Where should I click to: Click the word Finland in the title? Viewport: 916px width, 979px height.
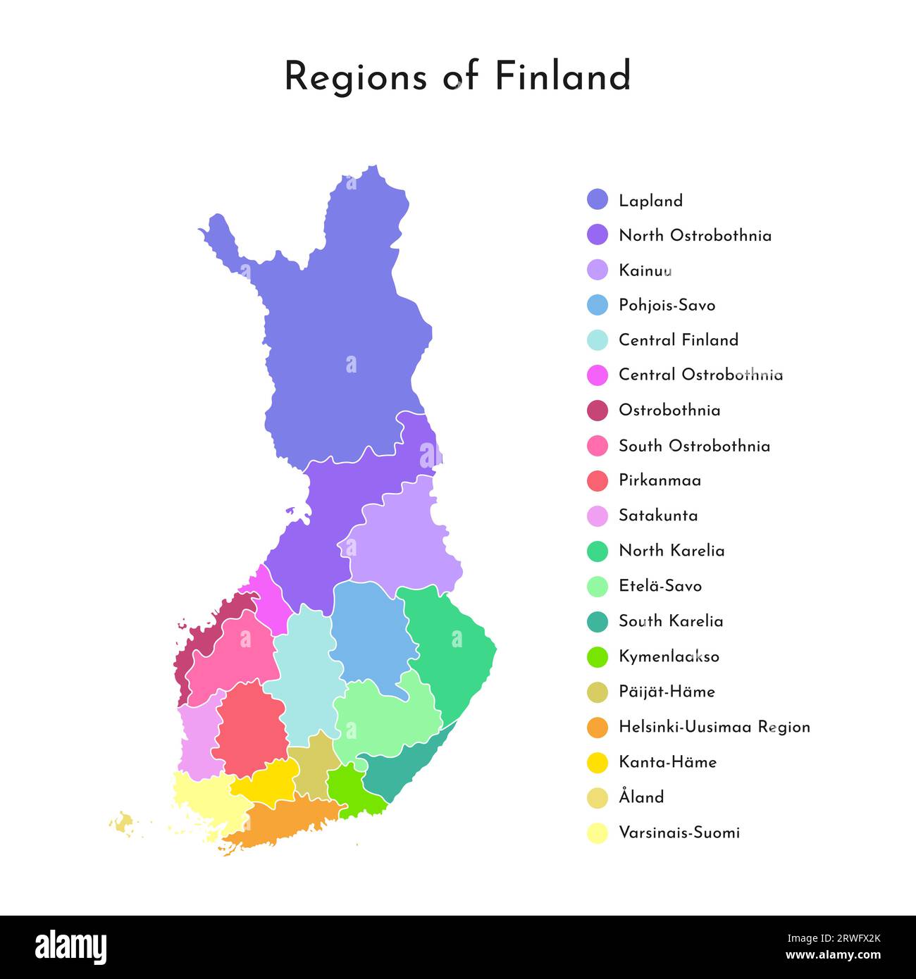click(562, 76)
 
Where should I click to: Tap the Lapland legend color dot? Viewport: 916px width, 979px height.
click(597, 200)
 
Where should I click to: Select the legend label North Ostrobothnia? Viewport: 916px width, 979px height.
click(695, 235)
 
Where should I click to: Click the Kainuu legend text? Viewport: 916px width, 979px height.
click(645, 270)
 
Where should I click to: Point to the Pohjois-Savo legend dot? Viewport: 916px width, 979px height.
click(597, 305)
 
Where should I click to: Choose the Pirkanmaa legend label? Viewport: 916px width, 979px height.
click(660, 480)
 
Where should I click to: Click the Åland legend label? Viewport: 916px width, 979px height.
click(641, 797)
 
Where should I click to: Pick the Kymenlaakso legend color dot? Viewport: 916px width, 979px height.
click(597, 656)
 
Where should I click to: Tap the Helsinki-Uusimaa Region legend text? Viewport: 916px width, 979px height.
click(714, 727)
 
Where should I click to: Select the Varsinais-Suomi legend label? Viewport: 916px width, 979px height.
click(679, 833)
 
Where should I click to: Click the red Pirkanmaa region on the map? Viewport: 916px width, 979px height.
click(249, 729)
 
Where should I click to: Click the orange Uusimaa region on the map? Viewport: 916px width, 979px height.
click(289, 821)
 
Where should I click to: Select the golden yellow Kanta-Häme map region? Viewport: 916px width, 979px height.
click(268, 782)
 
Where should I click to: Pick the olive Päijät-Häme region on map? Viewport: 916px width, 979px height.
click(312, 768)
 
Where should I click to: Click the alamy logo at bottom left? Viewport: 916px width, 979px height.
click(71, 947)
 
